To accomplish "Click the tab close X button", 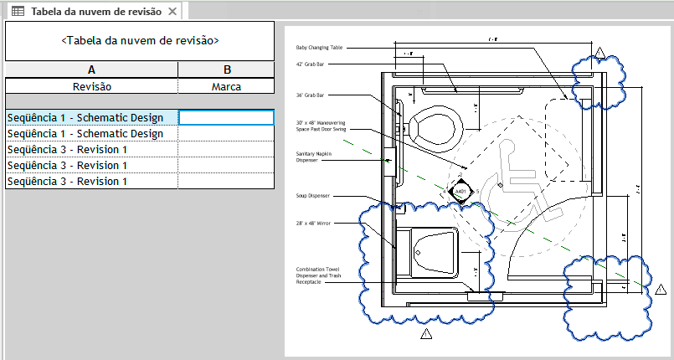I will click(172, 12).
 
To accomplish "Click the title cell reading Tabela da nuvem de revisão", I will click(140, 40).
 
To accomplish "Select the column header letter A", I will click(91, 70).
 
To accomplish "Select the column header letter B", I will click(226, 70).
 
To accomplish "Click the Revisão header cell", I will click(91, 86).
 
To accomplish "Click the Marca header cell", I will click(226, 86).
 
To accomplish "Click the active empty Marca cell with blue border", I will click(226, 118).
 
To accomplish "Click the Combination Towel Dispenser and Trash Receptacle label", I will click(317, 275).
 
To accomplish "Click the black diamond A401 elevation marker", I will click(460, 192).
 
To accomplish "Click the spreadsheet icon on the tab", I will click(17, 12).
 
